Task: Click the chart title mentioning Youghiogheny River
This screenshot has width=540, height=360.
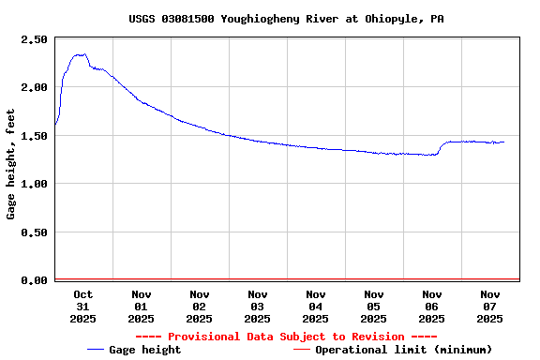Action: coord(287,19)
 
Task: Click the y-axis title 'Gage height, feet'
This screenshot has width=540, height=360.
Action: coord(11,164)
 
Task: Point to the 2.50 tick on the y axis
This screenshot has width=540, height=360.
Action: coord(34,39)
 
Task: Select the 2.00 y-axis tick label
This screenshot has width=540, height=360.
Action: coord(34,87)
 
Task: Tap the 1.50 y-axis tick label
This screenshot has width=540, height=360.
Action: coord(34,136)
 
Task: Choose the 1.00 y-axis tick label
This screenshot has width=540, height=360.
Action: coord(34,184)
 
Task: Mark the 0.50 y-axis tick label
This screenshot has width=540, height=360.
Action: coord(34,232)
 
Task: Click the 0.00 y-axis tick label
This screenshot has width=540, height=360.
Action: coord(34,280)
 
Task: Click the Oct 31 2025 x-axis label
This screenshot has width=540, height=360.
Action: coord(82,306)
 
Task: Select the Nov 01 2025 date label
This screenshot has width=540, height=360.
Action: coord(141,306)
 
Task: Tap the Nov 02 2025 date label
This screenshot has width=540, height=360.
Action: coord(199,306)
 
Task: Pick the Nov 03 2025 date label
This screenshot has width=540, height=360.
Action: coord(257,306)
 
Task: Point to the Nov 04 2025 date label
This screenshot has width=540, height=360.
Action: coord(315,306)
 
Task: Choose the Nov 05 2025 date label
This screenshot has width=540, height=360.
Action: coord(373,306)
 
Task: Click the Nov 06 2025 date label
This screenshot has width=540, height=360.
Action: coord(431,306)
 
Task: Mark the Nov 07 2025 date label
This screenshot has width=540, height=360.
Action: coord(489,306)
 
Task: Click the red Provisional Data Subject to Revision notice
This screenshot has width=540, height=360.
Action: coord(286,337)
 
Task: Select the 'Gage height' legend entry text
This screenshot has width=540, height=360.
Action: coord(145,350)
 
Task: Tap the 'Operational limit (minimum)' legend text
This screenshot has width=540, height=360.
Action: coord(403,350)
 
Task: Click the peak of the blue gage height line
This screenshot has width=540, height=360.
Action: coord(81,54)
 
